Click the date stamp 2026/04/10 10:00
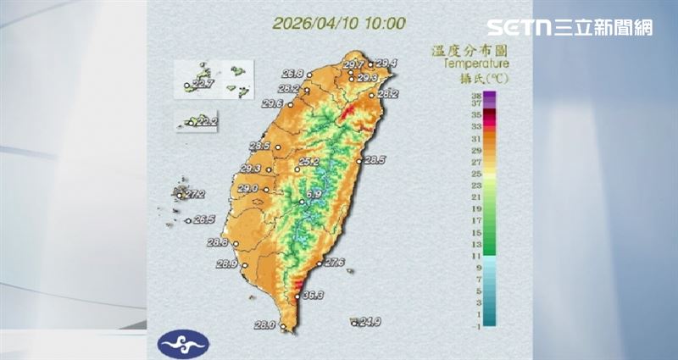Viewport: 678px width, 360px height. pos(339,23)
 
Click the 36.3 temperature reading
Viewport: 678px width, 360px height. pos(314,296)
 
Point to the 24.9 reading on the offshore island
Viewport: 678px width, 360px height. pos(370,322)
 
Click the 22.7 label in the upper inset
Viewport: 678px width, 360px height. pos(203,84)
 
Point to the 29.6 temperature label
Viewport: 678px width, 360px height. pos(272,103)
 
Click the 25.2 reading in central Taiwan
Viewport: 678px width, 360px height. pos(308,161)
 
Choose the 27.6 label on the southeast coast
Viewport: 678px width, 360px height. pos(333,263)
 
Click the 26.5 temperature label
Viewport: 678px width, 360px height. pos(204,220)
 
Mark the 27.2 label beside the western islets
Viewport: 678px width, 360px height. pos(195,195)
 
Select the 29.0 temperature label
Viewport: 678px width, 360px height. pos(247,189)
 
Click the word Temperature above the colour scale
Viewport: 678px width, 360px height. pos(475,63)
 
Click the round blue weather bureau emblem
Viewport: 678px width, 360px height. pos(182,342)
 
